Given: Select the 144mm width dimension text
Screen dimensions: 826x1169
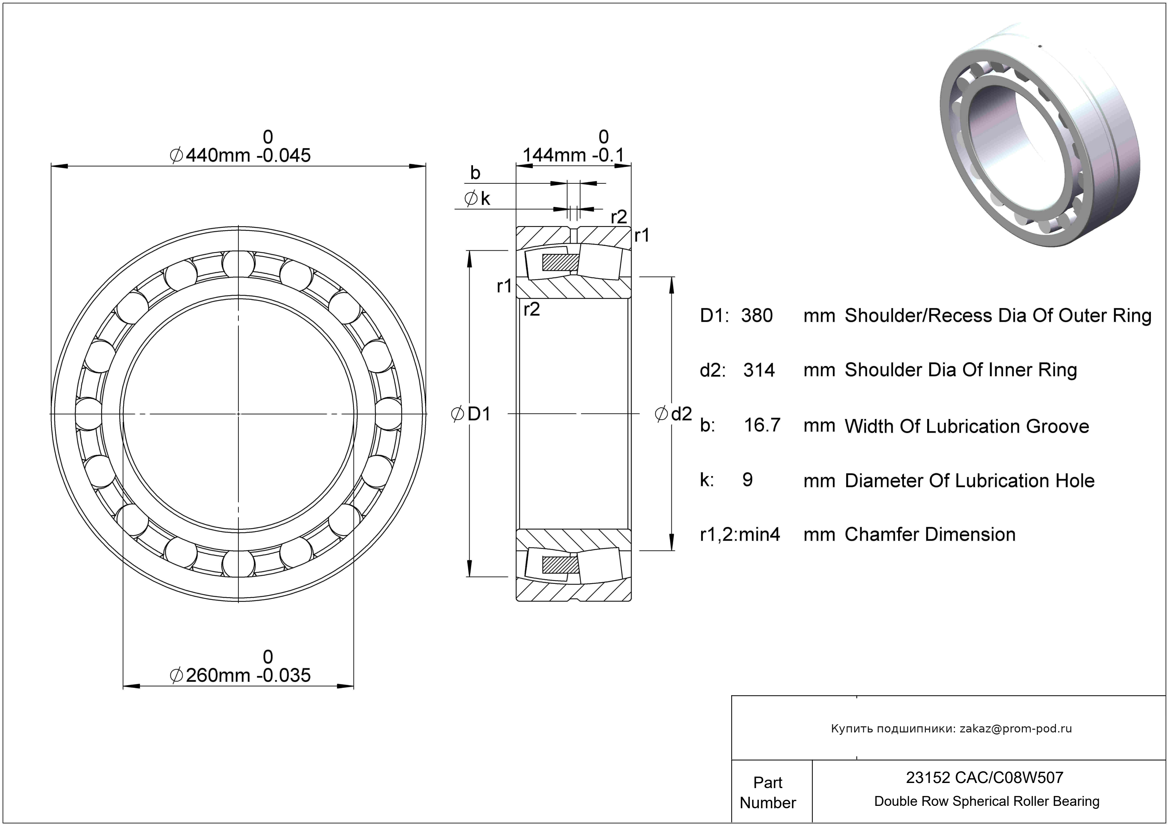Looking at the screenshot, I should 573,155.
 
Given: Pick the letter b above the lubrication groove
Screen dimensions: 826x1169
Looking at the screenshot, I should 475,173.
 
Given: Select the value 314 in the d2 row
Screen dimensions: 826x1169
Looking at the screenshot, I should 759,370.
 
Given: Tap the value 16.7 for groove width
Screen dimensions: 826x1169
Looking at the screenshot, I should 762,425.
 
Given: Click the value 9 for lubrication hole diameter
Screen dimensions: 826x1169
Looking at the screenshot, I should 748,480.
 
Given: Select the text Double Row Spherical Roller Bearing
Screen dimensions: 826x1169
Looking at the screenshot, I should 987,801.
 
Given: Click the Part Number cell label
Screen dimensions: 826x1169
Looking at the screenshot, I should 767,793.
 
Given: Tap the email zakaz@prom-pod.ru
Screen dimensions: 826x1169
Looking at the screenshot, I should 1015,729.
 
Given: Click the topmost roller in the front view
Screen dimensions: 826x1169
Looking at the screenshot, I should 238,265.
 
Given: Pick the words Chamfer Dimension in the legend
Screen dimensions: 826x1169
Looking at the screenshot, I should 930,535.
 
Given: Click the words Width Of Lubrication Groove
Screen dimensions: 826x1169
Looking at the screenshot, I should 966,426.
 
